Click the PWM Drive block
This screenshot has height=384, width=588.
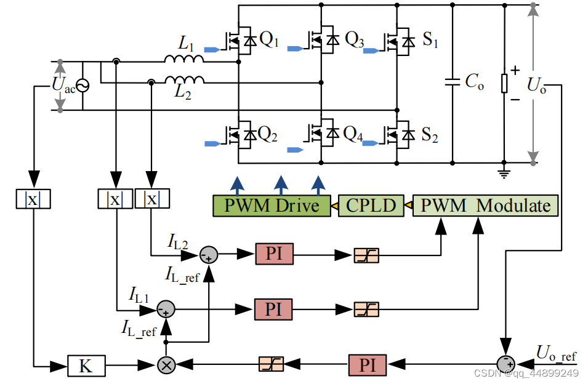[x=272, y=206]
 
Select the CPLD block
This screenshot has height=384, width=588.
[x=371, y=206]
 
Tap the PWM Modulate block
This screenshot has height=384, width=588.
[x=485, y=206]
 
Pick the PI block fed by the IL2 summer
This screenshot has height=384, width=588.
[x=274, y=253]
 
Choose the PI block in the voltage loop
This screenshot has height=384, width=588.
[x=368, y=365]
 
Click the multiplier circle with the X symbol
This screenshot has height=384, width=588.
[x=166, y=365]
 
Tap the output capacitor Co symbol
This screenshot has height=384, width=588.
[x=453, y=82]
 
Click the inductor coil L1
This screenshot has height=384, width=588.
[x=183, y=58]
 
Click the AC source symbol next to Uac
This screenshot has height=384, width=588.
[x=81, y=86]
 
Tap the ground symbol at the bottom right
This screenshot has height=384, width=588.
[x=504, y=173]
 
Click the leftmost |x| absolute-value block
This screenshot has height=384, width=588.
[x=33, y=199]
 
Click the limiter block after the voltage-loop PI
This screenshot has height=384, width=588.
[x=271, y=365]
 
